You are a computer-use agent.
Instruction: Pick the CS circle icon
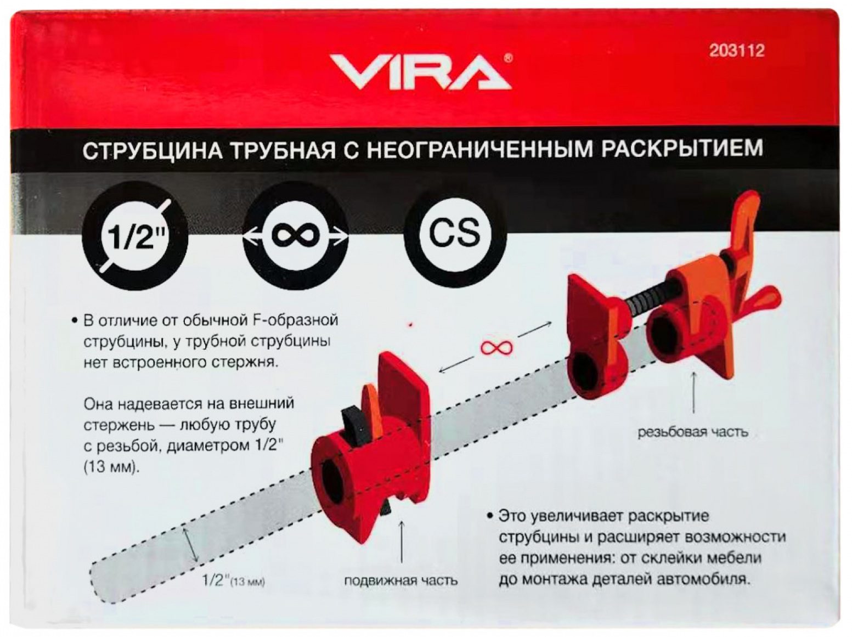[455, 234]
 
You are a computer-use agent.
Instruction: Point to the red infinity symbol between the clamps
[496, 347]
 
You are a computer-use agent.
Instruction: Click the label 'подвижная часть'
[402, 581]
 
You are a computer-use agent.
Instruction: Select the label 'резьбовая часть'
[692, 432]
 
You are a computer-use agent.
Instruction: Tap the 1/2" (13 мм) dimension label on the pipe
[233, 582]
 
